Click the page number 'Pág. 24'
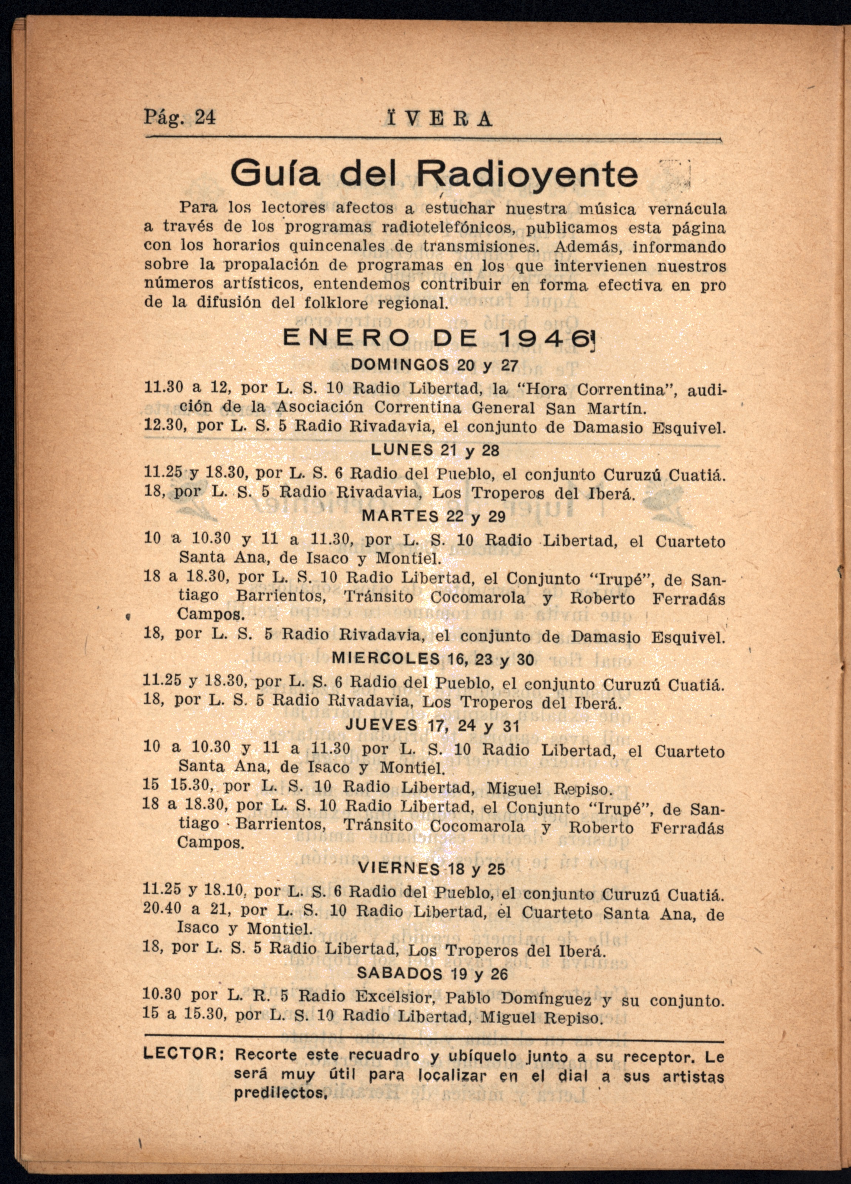click(179, 118)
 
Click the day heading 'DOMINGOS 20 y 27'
click(434, 365)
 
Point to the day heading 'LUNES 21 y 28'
click(435, 450)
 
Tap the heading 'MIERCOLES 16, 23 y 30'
click(433, 659)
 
